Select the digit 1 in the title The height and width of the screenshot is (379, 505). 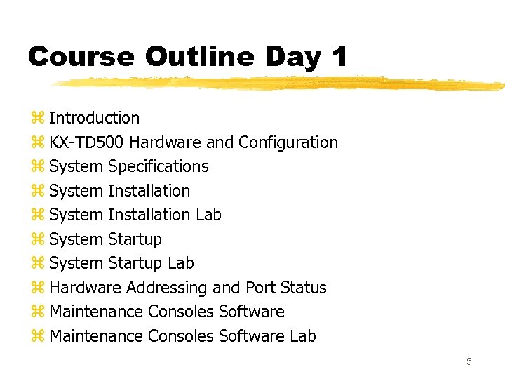(339, 57)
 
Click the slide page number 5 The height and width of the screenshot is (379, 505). (469, 362)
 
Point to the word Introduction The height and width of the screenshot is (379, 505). (94, 118)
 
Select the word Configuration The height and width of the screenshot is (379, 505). (288, 142)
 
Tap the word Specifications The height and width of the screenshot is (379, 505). (159, 166)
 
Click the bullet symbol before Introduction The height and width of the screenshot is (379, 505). (37, 118)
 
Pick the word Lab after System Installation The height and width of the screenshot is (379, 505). (208, 215)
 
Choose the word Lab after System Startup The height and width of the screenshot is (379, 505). (181, 263)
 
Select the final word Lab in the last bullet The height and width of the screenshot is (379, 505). (303, 336)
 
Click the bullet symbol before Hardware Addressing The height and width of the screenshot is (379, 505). (37, 288)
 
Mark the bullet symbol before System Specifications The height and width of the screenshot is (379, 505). (37, 166)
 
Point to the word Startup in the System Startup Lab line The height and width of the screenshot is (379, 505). (135, 263)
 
